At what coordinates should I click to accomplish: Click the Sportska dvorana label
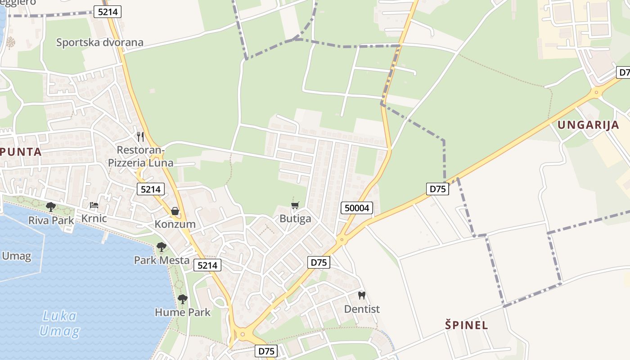pyautogui.click(x=99, y=43)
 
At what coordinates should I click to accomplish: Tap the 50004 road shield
pyautogui.click(x=357, y=208)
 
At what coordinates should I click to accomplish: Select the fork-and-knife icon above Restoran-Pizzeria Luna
pyautogui.click(x=140, y=136)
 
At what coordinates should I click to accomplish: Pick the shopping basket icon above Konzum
pyautogui.click(x=175, y=211)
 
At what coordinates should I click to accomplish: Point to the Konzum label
pyautogui.click(x=175, y=224)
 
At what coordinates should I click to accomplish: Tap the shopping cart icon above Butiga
pyautogui.click(x=295, y=206)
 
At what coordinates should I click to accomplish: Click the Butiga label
pyautogui.click(x=295, y=219)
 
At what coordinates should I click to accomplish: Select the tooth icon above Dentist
pyautogui.click(x=361, y=296)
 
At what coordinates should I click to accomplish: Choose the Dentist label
pyautogui.click(x=362, y=309)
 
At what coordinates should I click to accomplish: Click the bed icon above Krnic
pyautogui.click(x=94, y=205)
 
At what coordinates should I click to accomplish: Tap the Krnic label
pyautogui.click(x=94, y=219)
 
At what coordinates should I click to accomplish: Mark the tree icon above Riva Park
pyautogui.click(x=51, y=207)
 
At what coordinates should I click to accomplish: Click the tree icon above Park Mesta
pyautogui.click(x=162, y=247)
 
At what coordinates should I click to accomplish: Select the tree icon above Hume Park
pyautogui.click(x=182, y=299)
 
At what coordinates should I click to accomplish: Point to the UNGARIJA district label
pyautogui.click(x=589, y=125)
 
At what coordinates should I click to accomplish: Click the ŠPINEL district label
pyautogui.click(x=467, y=325)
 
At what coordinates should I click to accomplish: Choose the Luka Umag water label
pyautogui.click(x=59, y=324)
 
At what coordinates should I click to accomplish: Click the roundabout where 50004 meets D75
pyautogui.click(x=342, y=239)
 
